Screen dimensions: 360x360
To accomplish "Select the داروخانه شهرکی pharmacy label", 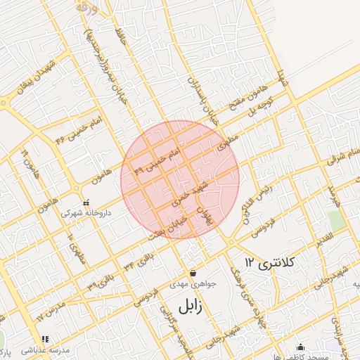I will [86, 212].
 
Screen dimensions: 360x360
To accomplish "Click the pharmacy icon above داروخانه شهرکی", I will [86, 202].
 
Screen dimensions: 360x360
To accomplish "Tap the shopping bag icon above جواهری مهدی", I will [193, 274].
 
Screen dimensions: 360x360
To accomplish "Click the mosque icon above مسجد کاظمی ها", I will [301, 347].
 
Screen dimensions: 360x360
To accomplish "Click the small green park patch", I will [336, 220].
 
